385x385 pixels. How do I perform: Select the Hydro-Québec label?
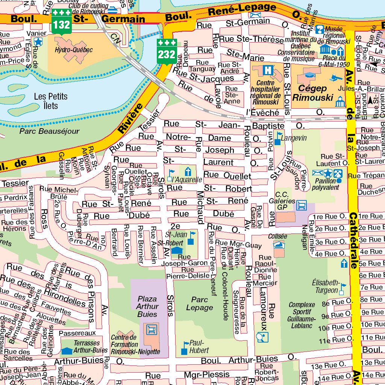[x=68, y=50]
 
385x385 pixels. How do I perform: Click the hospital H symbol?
[x=268, y=70]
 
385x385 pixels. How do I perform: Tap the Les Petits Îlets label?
[x=51, y=101]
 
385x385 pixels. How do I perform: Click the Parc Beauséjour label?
[x=49, y=132]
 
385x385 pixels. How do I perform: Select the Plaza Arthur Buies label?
[x=147, y=306]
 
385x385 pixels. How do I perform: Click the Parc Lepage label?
[x=199, y=303]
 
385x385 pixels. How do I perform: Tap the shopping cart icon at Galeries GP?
[x=301, y=205]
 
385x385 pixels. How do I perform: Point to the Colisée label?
[x=277, y=236]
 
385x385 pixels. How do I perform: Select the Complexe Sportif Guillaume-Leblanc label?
[x=302, y=315]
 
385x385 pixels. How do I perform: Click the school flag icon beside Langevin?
[x=278, y=138]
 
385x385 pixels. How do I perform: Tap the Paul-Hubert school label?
[x=199, y=347]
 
